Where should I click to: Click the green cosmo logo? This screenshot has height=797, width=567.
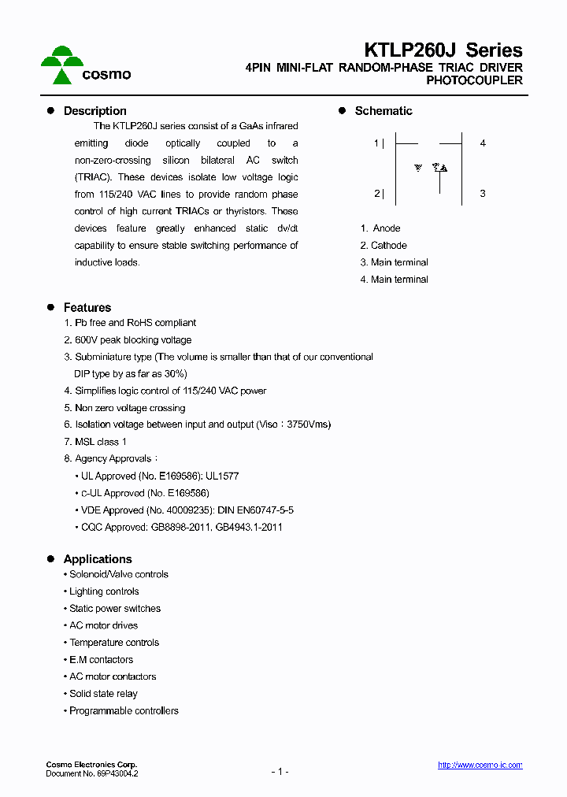point(84,65)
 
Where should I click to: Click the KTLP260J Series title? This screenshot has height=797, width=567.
point(443,51)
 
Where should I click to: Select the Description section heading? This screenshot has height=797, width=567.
point(94,111)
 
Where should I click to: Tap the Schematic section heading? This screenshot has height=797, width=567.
point(383,111)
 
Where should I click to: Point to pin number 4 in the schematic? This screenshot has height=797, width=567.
point(483,143)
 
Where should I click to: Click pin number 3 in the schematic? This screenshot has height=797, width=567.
point(483,194)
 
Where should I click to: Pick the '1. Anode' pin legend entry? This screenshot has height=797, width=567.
point(380,228)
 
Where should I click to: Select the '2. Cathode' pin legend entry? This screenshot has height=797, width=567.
point(384,246)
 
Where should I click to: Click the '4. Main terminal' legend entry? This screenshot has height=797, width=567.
point(394,280)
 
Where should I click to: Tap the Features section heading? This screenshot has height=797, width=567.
point(87,308)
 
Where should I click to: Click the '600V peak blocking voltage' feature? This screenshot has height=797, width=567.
point(132,340)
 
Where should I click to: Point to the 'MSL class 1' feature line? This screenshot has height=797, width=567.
point(100,442)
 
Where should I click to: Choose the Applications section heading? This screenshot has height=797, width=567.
point(98,559)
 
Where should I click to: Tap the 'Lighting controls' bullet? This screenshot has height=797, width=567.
point(104,591)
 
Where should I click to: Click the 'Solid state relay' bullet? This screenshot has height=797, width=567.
point(103,694)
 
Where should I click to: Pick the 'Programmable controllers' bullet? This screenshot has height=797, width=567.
point(124,711)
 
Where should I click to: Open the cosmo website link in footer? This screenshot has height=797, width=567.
point(480,765)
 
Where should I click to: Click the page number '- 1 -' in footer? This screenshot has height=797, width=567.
point(280,772)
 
